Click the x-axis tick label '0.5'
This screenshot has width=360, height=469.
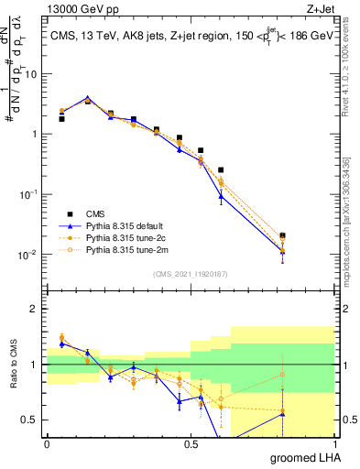(191, 443)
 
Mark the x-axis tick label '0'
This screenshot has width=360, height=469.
(47, 443)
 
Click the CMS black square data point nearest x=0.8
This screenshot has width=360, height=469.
(283, 235)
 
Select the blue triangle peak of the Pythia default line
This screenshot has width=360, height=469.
(87, 97)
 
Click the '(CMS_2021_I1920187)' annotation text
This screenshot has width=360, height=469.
(190, 272)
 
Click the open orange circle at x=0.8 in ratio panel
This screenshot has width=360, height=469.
(283, 374)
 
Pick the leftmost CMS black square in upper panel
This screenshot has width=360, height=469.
(61, 119)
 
